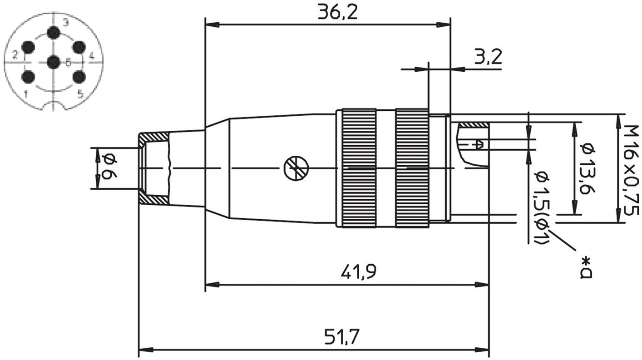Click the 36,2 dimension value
point(338,13)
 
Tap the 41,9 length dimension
point(358,272)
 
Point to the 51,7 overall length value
point(341,336)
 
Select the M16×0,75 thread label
point(632,170)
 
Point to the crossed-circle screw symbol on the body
point(296,168)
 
